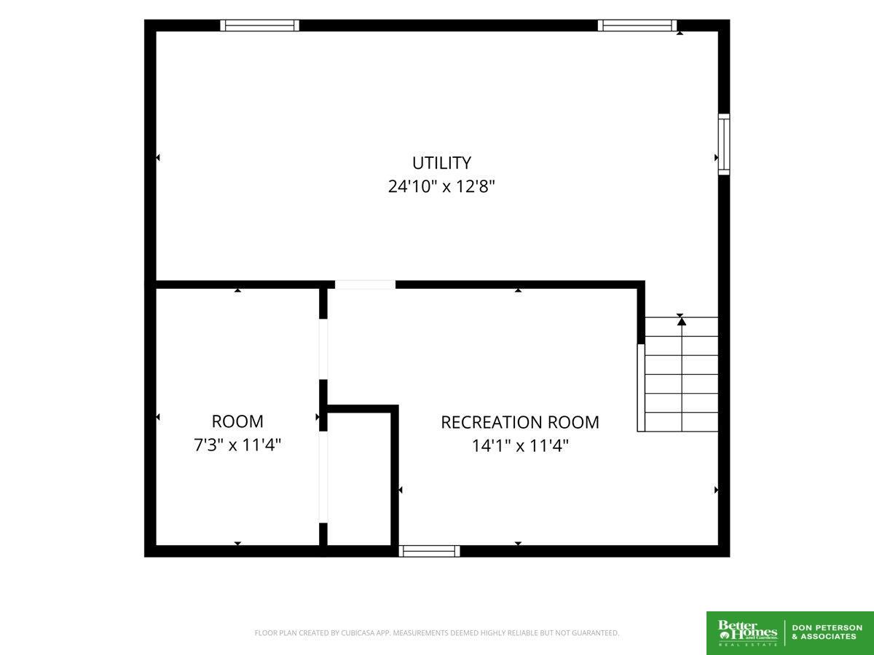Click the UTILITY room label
click(x=441, y=162)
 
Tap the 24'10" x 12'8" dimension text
click(x=441, y=186)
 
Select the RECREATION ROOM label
click(x=520, y=422)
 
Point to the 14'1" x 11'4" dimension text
click(x=520, y=446)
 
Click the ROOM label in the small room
click(x=237, y=421)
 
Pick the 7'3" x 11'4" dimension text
click(x=237, y=445)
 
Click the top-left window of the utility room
click(x=259, y=25)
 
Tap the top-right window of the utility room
click(x=637, y=25)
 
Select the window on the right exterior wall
click(x=724, y=144)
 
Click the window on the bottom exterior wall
click(x=429, y=551)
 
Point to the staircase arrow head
click(x=682, y=321)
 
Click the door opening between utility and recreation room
click(x=365, y=285)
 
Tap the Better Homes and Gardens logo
click(x=747, y=633)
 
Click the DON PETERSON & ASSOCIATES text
click(x=827, y=632)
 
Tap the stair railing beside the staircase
click(x=641, y=388)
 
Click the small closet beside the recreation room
click(x=359, y=479)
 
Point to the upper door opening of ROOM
click(x=323, y=349)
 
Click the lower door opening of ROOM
click(x=323, y=477)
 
